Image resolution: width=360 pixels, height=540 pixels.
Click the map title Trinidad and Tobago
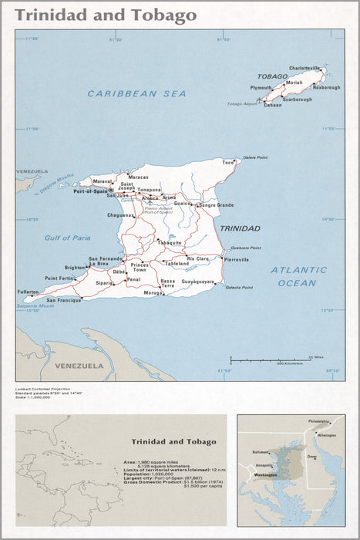106,15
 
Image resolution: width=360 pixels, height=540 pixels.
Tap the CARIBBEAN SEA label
136,93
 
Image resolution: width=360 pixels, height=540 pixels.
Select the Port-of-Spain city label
92,191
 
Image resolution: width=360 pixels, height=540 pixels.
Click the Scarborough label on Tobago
297,100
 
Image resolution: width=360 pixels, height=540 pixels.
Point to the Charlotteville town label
304,68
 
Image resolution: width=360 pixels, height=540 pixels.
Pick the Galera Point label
255,157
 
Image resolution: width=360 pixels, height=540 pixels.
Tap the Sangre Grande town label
217,205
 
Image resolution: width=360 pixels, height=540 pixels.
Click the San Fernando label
105,258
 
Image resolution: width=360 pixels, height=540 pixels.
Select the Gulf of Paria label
67,238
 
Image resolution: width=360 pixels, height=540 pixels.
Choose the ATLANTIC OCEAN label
298,276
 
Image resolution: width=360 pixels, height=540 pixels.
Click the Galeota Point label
239,288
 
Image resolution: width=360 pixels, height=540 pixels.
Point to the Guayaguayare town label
198,282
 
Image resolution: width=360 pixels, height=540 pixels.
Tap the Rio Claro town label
198,258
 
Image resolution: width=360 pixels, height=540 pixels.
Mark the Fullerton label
28,292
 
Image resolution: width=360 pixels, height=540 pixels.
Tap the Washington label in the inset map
265,475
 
